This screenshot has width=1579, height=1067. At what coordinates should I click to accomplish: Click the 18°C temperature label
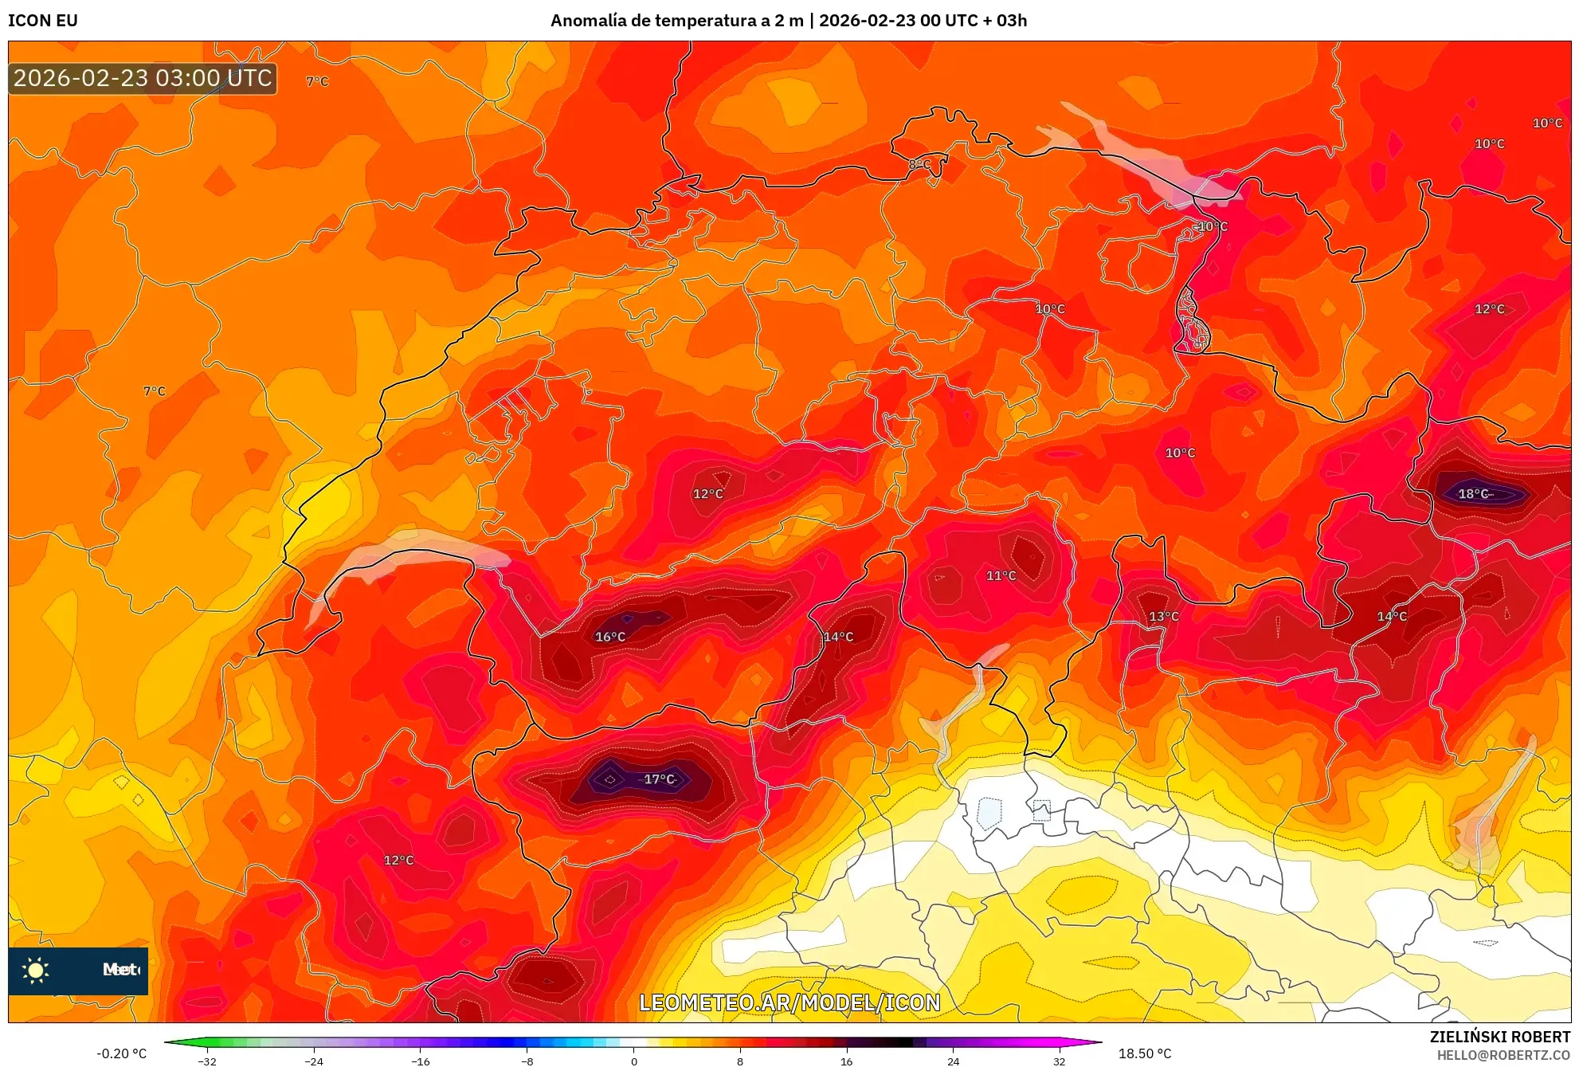tap(1473, 494)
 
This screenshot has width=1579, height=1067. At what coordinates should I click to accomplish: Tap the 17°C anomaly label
tap(659, 779)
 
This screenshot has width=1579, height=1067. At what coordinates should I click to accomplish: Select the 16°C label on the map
tap(610, 637)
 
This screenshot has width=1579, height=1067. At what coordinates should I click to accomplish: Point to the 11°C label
tap(1001, 575)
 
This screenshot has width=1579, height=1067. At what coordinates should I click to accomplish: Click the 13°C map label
tap(1164, 616)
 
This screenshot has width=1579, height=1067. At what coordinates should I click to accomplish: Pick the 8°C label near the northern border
tap(920, 164)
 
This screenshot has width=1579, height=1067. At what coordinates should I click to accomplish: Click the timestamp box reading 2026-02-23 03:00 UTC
tap(143, 78)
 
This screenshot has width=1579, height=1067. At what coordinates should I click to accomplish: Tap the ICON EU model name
tap(43, 21)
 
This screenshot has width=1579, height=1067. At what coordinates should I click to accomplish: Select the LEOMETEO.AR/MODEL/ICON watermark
tap(789, 1002)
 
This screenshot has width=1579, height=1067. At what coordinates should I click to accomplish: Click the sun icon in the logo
tap(35, 970)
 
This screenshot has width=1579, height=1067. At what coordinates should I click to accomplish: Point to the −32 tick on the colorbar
tap(207, 1061)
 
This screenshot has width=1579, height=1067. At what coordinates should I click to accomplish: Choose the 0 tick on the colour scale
tap(634, 1061)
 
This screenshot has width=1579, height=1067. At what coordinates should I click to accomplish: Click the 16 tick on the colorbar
tap(847, 1061)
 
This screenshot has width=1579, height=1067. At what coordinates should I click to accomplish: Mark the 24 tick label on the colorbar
tap(954, 1061)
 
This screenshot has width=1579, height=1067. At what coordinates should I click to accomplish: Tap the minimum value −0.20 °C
tap(122, 1053)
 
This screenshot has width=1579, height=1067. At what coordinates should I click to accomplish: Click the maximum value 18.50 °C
tap(1145, 1053)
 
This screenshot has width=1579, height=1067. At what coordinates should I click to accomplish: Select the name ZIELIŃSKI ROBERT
tap(1499, 1037)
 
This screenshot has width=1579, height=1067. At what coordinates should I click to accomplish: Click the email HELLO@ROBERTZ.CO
tap(1503, 1055)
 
